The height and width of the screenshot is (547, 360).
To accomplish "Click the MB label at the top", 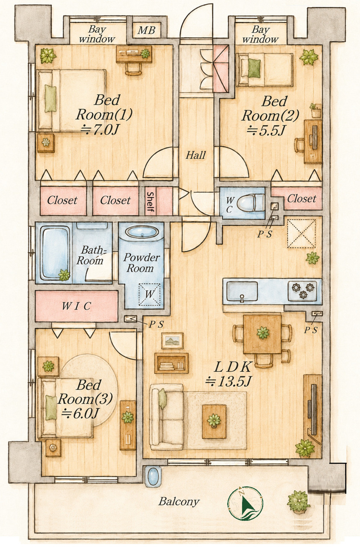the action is tap(147, 30).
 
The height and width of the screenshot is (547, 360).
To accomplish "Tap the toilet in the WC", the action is tap(251, 203).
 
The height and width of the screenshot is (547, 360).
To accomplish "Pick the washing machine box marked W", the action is tap(150, 294).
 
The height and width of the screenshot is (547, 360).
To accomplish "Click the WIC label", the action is tap(77, 306).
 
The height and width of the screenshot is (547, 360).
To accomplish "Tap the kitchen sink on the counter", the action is tap(242, 292).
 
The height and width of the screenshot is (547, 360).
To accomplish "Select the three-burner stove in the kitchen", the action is tap(303, 291).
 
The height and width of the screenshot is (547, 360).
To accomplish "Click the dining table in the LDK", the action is tap(263, 334).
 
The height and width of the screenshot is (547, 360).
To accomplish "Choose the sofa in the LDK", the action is tap(167, 417).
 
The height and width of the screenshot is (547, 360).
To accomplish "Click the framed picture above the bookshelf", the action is tap(172, 341).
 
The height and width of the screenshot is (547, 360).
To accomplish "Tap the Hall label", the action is tap(196, 155).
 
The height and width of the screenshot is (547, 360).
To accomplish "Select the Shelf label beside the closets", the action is tap(150, 202).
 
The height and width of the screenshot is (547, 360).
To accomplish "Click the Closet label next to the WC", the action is tap(301, 199).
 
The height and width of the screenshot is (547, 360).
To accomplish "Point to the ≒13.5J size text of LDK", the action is tap(228, 381).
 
